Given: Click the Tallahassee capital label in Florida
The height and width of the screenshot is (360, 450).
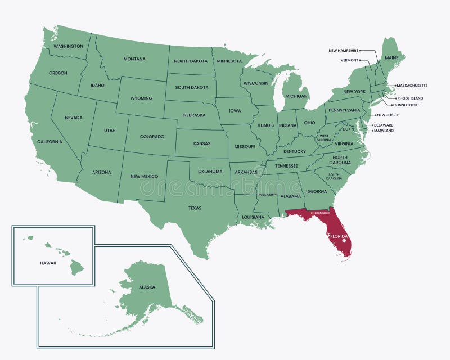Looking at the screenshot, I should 321,213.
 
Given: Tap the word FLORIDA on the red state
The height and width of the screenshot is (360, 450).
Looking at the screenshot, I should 339,237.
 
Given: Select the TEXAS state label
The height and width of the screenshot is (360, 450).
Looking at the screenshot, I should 195,208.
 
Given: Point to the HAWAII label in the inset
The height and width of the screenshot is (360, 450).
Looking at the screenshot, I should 48,263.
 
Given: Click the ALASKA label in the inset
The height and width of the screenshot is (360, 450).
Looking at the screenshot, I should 147,287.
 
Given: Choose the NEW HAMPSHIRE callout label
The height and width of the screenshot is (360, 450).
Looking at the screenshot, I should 344,51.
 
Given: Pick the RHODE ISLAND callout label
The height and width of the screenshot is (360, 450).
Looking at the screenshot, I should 409,98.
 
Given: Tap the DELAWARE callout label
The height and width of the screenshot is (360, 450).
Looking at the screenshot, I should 383,125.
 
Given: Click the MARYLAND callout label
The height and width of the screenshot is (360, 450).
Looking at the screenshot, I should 383,130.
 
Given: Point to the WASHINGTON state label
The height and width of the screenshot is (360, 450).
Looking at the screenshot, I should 69,46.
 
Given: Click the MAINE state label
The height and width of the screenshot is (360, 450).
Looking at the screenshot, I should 391,58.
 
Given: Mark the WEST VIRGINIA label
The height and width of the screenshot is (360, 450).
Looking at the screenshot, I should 325,137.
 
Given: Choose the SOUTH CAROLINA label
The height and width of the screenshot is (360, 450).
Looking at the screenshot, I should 334,177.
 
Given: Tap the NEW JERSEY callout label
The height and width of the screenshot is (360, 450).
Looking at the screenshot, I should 388,115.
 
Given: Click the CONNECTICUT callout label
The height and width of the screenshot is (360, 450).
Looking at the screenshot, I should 406,105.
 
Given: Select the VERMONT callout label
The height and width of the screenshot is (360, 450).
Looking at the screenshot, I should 349,60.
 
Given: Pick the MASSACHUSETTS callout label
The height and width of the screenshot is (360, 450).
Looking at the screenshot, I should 412,85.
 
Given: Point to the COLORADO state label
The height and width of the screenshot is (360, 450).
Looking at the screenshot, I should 152,137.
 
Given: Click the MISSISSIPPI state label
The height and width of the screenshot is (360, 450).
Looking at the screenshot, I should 267,195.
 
